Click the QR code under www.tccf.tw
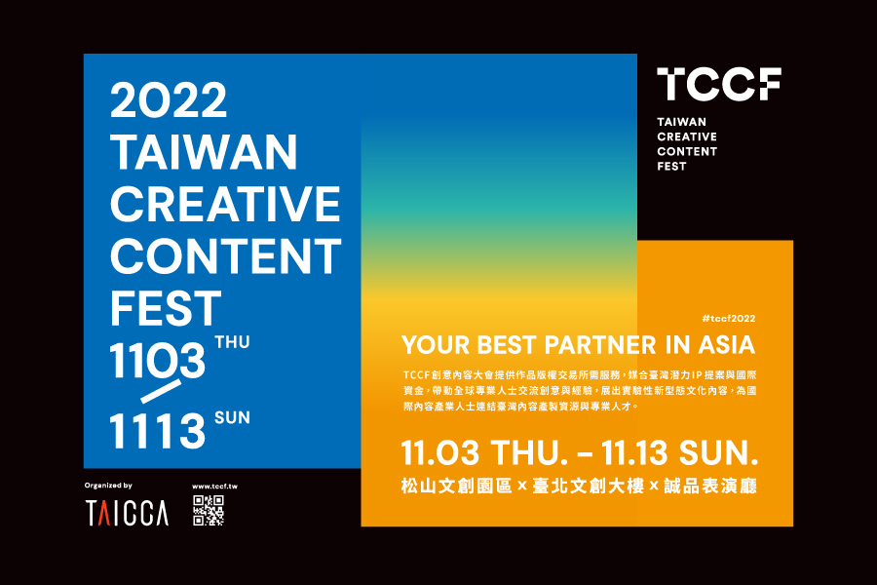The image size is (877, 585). pyautogui.click(x=209, y=511)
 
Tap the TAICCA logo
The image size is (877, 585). pyautogui.click(x=126, y=512)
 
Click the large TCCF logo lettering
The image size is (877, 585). pyautogui.click(x=718, y=85)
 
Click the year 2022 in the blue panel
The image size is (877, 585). pyautogui.click(x=169, y=100)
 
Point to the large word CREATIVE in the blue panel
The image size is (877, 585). pyautogui.click(x=225, y=204)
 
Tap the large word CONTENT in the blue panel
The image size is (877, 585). pyautogui.click(x=225, y=256)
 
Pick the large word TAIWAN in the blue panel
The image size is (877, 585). pyautogui.click(x=204, y=152)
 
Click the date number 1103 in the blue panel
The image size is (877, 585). pyautogui.click(x=158, y=361)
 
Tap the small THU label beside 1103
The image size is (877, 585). pyautogui.click(x=232, y=342)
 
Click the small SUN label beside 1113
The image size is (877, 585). pyautogui.click(x=232, y=418)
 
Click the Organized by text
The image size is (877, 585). pyautogui.click(x=108, y=485)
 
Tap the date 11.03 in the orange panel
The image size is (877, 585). pyautogui.click(x=439, y=454)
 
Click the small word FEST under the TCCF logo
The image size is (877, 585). pyautogui.click(x=671, y=166)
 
